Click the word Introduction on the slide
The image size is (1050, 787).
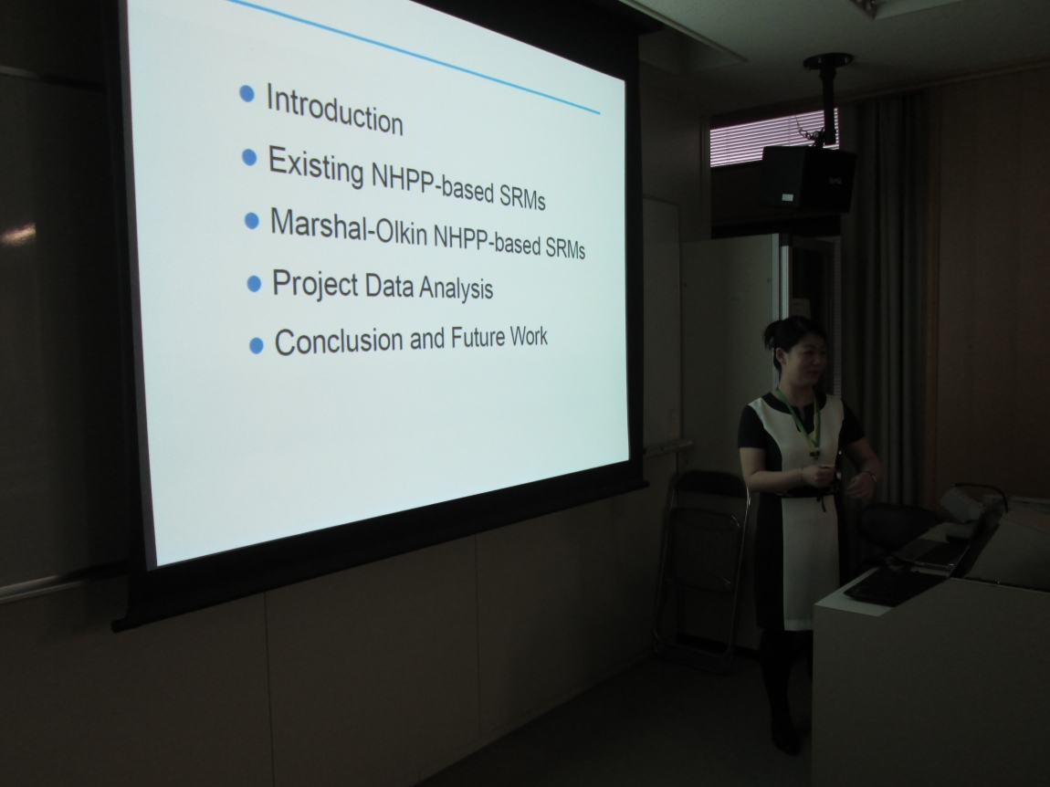[334, 110]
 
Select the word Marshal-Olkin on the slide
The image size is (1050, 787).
[348, 226]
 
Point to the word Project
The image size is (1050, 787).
[315, 284]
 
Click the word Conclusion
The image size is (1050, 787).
[339, 341]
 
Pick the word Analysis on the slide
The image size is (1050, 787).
[456, 289]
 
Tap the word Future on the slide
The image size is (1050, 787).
[477, 337]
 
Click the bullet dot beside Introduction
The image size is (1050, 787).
[247, 94]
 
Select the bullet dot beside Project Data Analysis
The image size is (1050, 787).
[254, 284]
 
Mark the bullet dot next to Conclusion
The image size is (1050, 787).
[256, 346]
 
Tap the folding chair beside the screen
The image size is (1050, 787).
[702, 570]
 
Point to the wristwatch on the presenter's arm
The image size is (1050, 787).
[870, 477]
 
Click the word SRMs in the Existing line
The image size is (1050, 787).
[522, 196]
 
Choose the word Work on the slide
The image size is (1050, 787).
[529, 335]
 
